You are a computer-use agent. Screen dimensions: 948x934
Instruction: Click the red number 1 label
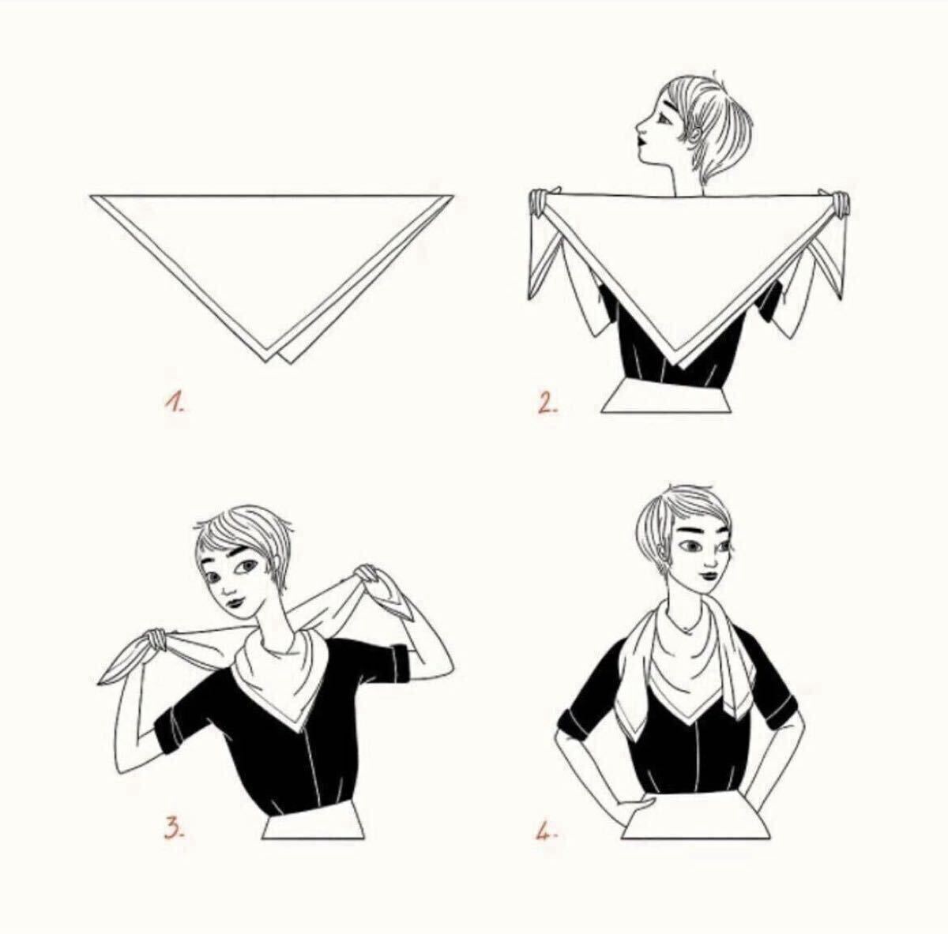pyautogui.click(x=174, y=402)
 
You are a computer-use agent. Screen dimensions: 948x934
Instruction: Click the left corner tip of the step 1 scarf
pyautogui.click(x=91, y=197)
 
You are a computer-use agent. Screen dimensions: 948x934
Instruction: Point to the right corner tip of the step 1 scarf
pyautogui.click(x=452, y=197)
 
